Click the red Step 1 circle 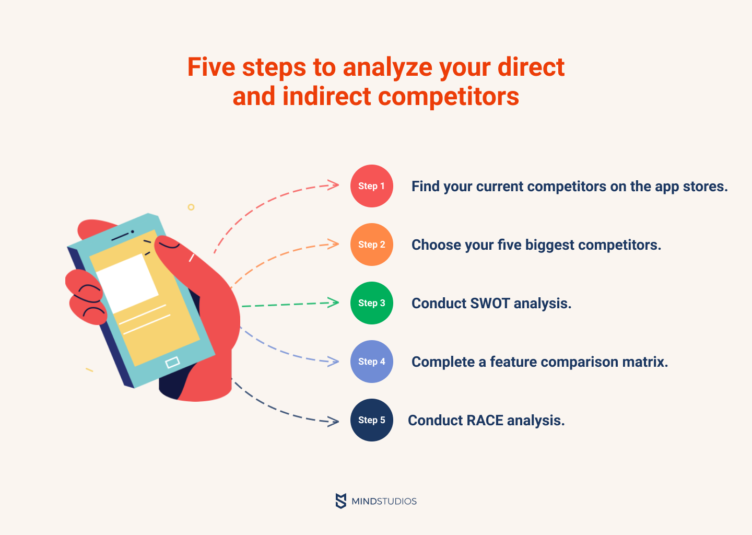tap(372, 185)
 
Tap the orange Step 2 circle tap(372, 244)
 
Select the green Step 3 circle tap(372, 303)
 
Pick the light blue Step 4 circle tap(372, 362)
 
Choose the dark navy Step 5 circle tap(372, 420)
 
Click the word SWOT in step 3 tap(490, 303)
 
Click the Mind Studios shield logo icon tap(340, 501)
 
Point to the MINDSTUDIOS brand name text tap(384, 501)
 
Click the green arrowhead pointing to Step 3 tap(333, 303)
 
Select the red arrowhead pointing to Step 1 tap(333, 185)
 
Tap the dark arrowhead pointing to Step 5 tap(333, 422)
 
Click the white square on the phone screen tap(127, 284)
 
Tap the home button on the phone tap(172, 363)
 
